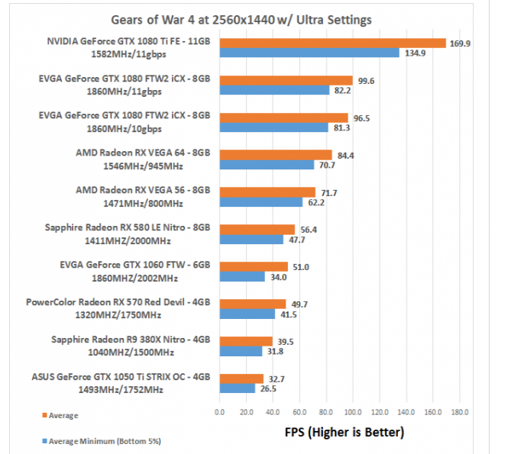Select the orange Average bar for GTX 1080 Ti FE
332,43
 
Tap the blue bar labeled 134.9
309,53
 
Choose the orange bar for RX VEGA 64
276,155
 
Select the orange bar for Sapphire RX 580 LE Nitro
257,230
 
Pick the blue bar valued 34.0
242,277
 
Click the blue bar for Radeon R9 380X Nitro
241,351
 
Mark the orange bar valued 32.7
241,378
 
